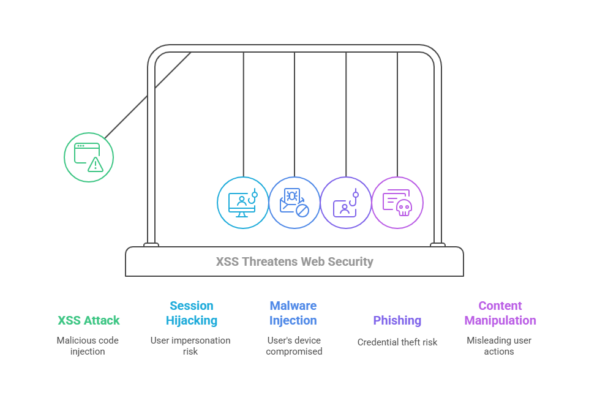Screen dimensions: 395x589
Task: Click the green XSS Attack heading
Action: (x=89, y=320)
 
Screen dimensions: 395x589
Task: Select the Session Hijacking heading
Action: (x=192, y=313)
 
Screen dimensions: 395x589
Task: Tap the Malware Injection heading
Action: (x=293, y=313)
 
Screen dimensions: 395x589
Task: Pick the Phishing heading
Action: (x=397, y=320)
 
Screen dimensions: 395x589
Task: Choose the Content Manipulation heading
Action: (x=500, y=313)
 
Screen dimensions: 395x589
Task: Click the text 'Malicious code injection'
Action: (x=88, y=346)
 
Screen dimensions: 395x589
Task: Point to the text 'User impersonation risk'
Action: (x=190, y=346)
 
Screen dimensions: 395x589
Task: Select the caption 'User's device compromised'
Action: (x=294, y=346)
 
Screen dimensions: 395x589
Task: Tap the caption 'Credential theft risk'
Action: (x=397, y=342)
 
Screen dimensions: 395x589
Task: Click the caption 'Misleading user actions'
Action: (x=498, y=346)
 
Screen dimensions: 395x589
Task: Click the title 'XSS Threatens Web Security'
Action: (x=294, y=262)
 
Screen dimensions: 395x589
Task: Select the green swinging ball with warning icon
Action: (x=89, y=157)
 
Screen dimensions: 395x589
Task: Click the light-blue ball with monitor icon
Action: (x=243, y=203)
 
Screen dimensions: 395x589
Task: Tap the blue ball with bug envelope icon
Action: (x=294, y=203)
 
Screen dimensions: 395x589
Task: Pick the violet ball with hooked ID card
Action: (x=346, y=203)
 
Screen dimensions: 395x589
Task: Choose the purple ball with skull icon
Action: (x=397, y=203)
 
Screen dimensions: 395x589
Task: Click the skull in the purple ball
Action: (x=403, y=208)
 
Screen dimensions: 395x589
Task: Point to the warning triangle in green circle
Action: (x=95, y=164)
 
